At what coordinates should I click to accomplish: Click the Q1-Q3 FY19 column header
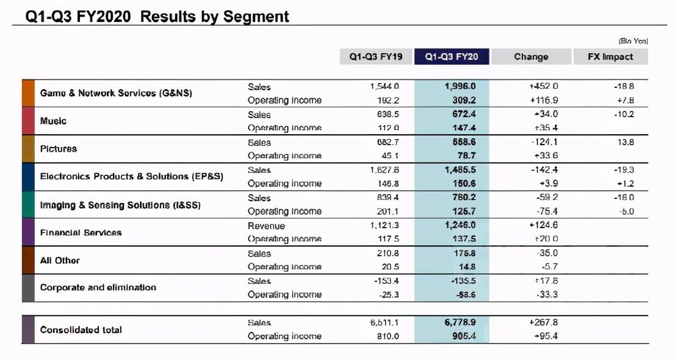[375, 57]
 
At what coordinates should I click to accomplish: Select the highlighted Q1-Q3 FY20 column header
[452, 57]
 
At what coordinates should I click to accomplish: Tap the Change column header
[531, 57]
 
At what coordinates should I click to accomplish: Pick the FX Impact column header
[610, 57]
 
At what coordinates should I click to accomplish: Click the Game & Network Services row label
[116, 93]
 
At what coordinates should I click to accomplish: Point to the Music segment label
[53, 121]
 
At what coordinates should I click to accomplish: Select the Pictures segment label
[58, 148]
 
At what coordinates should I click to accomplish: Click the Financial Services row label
[81, 232]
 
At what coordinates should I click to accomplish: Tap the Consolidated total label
[81, 329]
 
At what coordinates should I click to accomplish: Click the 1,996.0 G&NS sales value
[460, 87]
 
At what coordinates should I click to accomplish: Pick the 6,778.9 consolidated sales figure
[460, 323]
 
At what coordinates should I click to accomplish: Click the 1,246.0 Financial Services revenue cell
[460, 226]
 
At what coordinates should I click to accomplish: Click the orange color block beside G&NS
[27, 93]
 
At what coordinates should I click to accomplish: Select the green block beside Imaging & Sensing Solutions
[27, 204]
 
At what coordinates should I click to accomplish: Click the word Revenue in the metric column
[266, 226]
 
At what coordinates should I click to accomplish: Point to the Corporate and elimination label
[98, 287]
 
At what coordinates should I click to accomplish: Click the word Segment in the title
[256, 16]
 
